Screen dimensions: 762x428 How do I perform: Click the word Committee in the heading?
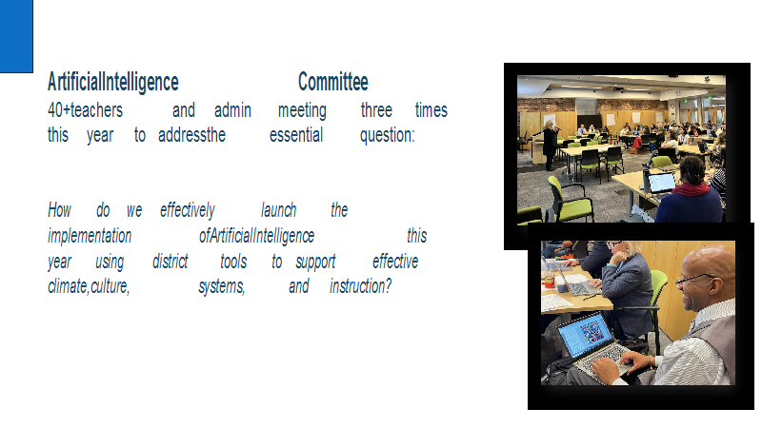pyautogui.click(x=332, y=82)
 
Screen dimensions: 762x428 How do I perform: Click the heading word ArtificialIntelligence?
pyautogui.click(x=113, y=82)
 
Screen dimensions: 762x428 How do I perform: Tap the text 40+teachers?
pyautogui.click(x=85, y=110)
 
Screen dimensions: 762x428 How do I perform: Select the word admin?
pyautogui.click(x=232, y=110)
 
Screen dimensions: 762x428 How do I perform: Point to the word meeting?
pyautogui.click(x=302, y=110)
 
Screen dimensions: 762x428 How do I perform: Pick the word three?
pyautogui.click(x=376, y=110)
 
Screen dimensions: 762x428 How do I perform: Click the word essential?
pyautogui.click(x=296, y=135)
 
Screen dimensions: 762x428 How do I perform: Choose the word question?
pyautogui.click(x=388, y=135)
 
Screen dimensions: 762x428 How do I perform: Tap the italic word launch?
pyautogui.click(x=278, y=210)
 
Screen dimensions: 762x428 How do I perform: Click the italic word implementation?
pyautogui.click(x=90, y=236)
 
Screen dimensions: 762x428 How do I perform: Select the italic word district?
pyautogui.click(x=170, y=261)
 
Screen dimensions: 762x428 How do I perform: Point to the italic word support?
pyautogui.click(x=315, y=263)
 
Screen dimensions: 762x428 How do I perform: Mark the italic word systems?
pyautogui.click(x=222, y=286)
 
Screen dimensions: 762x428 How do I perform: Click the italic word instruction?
pyautogui.click(x=361, y=286)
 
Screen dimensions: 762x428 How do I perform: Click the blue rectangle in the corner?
pyautogui.click(x=16, y=36)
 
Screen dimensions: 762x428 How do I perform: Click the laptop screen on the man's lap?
pyautogui.click(x=584, y=334)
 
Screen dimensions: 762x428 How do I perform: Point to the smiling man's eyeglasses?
pyautogui.click(x=696, y=280)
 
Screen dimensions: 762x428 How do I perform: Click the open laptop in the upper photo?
pyautogui.click(x=660, y=183)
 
